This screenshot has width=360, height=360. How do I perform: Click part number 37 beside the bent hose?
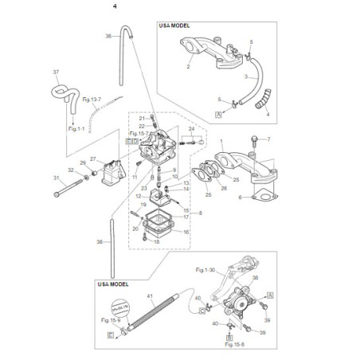point(57,73)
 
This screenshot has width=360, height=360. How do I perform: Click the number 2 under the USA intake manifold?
point(189,68)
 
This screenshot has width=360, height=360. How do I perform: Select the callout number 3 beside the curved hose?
point(245,77)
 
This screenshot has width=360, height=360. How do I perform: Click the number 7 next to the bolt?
point(268,139)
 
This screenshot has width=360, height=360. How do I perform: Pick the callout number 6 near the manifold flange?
point(240,197)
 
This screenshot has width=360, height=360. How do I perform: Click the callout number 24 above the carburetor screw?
point(191,128)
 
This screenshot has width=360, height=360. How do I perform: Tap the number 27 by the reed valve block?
point(92,158)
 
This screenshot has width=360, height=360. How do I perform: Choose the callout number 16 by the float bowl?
point(186,232)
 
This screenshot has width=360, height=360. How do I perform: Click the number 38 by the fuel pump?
point(256,278)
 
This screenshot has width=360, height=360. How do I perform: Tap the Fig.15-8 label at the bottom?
point(234,344)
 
